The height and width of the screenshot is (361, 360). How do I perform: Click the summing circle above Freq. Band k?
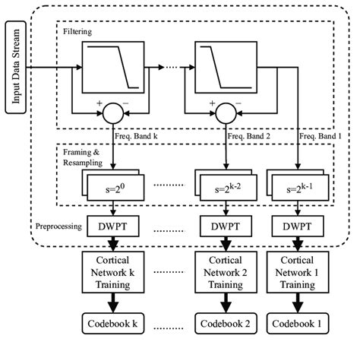(x=113, y=112)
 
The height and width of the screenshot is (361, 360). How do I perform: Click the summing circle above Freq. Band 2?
(x=226, y=112)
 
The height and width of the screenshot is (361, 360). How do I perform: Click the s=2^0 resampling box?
(x=112, y=185)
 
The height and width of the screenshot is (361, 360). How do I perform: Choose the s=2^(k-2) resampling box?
(x=226, y=185)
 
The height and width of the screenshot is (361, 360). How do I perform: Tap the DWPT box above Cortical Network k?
(x=113, y=226)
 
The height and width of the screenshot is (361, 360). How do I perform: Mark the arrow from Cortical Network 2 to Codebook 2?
(x=226, y=304)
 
